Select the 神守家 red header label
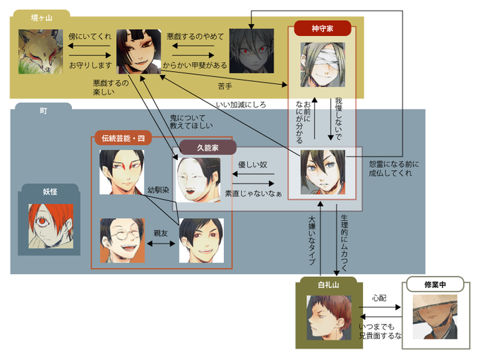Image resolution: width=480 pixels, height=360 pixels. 322,29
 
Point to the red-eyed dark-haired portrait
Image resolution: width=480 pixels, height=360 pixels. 251,52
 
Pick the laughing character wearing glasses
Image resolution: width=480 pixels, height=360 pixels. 122,241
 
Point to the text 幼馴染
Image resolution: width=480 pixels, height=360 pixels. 159,191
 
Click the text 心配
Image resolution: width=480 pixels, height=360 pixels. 380,298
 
